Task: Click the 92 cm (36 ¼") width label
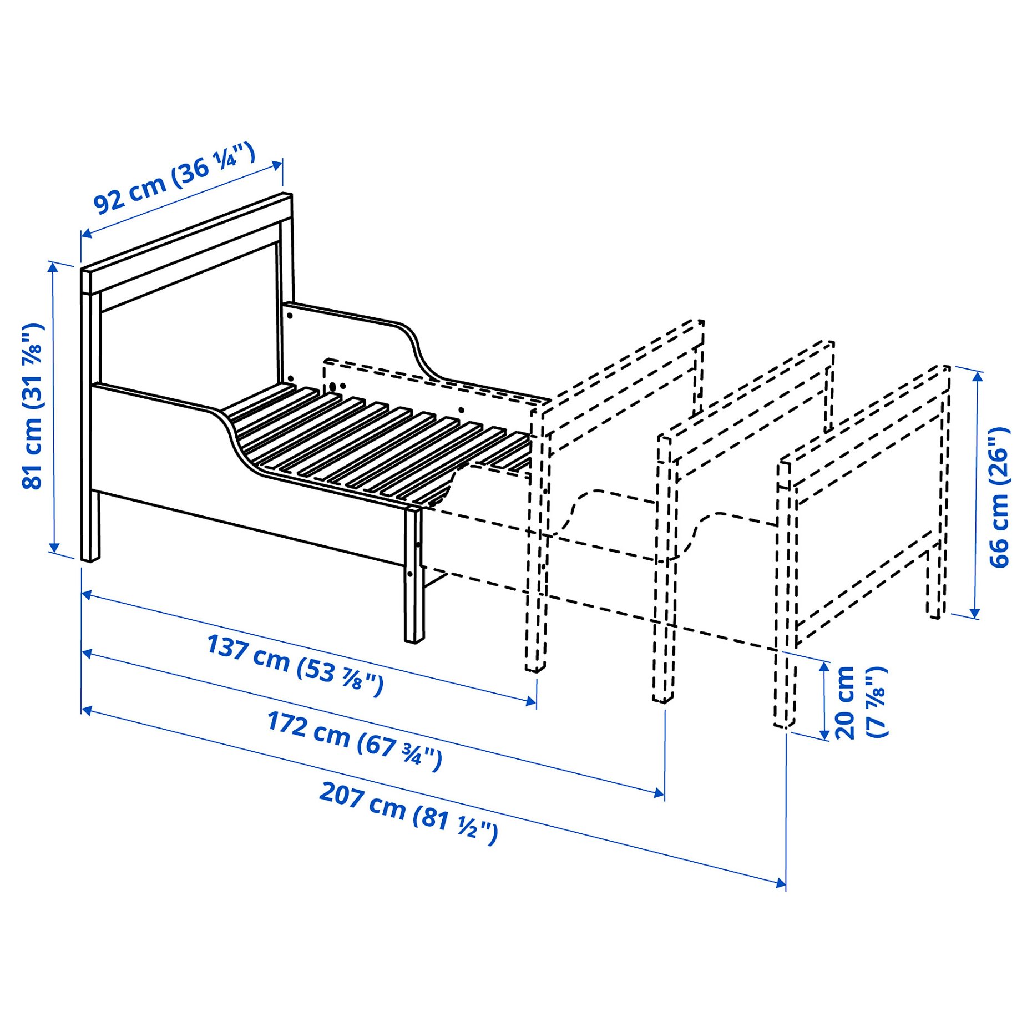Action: [174, 179]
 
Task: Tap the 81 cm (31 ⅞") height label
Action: [33, 406]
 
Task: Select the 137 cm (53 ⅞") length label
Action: [295, 664]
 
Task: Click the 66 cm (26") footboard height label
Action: [999, 497]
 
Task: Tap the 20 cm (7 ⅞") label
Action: [859, 702]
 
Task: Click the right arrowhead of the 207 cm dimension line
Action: [781, 882]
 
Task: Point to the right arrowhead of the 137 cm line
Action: [531, 702]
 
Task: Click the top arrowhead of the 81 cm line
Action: [53, 267]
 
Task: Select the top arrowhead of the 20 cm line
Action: [824, 666]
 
